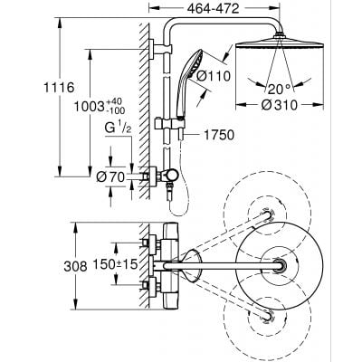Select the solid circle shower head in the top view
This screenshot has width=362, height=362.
click(x=275, y=265)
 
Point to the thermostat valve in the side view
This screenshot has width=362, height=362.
click(x=167, y=171)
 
